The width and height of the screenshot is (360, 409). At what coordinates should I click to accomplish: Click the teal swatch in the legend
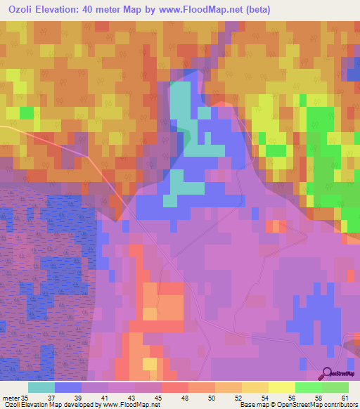[x=41, y=387]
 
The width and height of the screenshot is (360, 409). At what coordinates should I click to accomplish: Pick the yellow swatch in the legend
[x=281, y=387]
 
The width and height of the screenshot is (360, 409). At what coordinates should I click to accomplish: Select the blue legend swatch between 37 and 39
[x=68, y=387]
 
